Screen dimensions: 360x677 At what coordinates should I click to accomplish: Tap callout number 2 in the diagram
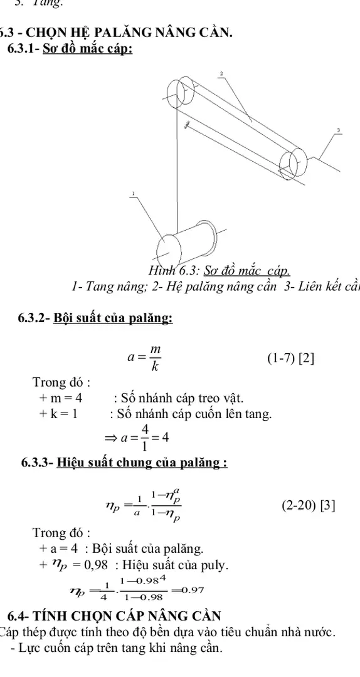click(x=221, y=74)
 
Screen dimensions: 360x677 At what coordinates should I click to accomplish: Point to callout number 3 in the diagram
click(x=338, y=130)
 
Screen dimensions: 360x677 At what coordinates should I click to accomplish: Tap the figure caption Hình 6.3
click(x=219, y=271)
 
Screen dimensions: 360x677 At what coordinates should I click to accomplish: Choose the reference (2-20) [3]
click(x=305, y=504)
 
